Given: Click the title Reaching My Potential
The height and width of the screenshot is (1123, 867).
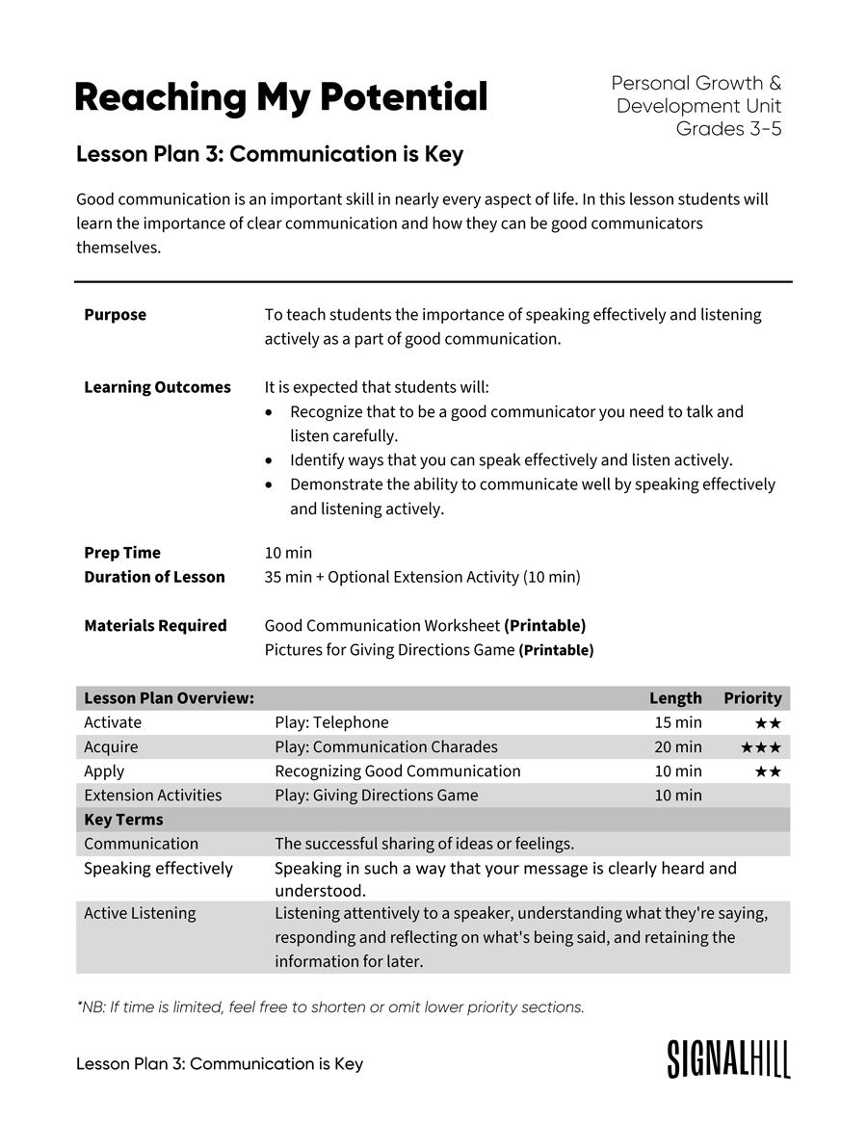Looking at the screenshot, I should (280, 97).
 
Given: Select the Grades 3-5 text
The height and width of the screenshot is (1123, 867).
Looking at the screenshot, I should (728, 129).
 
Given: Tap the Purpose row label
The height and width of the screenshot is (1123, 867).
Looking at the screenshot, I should (115, 315).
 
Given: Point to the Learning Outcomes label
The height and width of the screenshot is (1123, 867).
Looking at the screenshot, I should (157, 387).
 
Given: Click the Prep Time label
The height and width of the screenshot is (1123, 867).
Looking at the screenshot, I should (122, 553).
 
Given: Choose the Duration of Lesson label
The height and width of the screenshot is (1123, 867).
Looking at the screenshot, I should (154, 577).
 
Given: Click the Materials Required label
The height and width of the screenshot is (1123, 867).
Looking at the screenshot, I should (155, 626).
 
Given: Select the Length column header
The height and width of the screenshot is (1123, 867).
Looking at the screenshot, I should (675, 698).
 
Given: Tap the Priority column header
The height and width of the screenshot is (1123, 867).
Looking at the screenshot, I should (752, 698).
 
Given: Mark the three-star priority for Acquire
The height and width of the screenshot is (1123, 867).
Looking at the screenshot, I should (761, 747).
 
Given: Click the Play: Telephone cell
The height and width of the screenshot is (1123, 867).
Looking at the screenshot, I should (331, 722).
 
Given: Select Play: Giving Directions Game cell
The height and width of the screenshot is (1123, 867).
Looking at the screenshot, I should (376, 796).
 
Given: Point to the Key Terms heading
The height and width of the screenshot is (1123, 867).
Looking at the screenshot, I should (123, 820).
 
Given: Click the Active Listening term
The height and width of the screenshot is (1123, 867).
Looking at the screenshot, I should (140, 913).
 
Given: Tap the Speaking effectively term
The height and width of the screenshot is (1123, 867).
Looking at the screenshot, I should (158, 869).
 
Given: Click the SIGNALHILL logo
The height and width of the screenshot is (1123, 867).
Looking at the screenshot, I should (728, 1058).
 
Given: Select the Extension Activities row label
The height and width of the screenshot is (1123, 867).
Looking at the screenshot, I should (152, 796).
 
